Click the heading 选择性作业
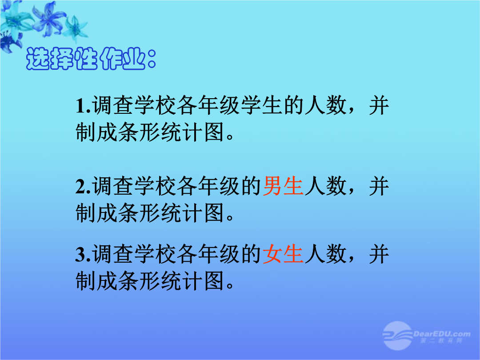click(92, 59)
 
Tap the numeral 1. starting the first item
click(83, 106)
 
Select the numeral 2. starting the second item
click(83, 186)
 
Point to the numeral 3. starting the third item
click(83, 254)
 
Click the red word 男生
click(283, 186)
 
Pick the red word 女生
click(283, 254)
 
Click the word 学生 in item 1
click(262, 106)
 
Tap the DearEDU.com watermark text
click(442, 334)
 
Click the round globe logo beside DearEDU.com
click(397, 336)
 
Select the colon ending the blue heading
click(152, 59)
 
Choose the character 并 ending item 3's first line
click(379, 254)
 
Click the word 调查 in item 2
click(113, 186)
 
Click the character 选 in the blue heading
click(37, 59)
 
